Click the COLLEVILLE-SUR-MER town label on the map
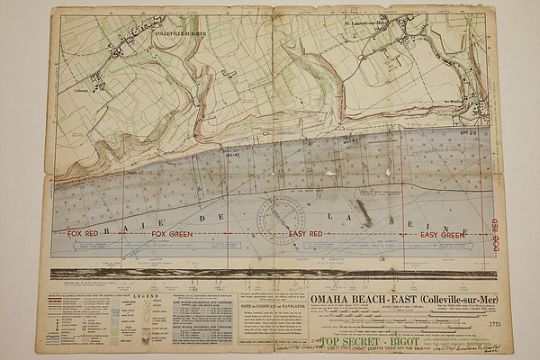(x=180, y=33)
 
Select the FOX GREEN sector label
(x=171, y=233)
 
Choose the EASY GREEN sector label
(x=441, y=233)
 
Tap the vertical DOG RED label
(x=493, y=233)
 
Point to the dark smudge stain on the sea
(x=363, y=213)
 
